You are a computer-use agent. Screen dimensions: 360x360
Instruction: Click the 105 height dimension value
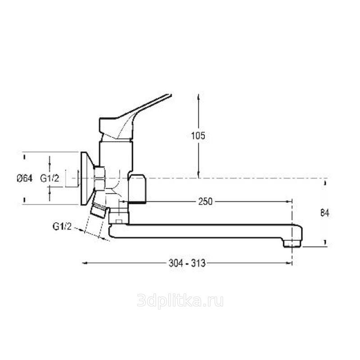(198, 136)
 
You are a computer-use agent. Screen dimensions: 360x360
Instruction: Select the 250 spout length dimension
(206, 202)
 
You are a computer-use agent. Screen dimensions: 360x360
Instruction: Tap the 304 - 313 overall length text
(187, 263)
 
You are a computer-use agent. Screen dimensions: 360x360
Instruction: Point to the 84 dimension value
(324, 213)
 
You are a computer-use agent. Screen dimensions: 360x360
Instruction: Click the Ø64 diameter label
(25, 178)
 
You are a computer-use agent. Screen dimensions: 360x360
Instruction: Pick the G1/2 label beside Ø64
(49, 178)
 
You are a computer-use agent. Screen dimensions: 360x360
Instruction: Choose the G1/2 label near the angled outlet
(62, 226)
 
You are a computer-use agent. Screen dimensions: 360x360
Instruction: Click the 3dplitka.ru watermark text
(180, 301)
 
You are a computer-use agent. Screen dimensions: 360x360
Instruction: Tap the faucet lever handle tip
(171, 95)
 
